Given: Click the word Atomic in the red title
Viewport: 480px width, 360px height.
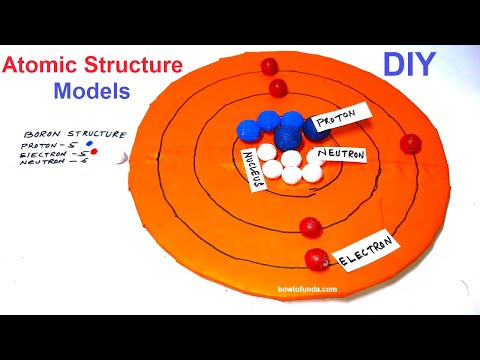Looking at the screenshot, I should (40, 67).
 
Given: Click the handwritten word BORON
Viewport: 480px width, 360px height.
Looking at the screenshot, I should (43, 133).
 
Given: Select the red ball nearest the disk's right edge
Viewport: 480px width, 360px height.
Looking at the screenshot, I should (408, 143).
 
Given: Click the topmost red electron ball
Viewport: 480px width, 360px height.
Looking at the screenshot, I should (268, 66).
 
